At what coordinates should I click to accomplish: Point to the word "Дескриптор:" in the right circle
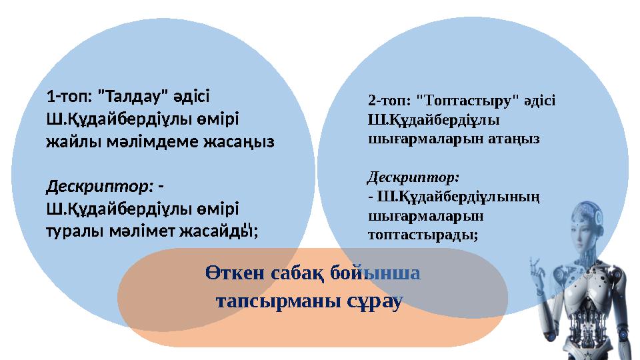[x=413, y=178]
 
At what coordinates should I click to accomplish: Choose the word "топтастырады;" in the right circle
[x=423, y=234]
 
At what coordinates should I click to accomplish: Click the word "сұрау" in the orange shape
[x=374, y=301]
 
